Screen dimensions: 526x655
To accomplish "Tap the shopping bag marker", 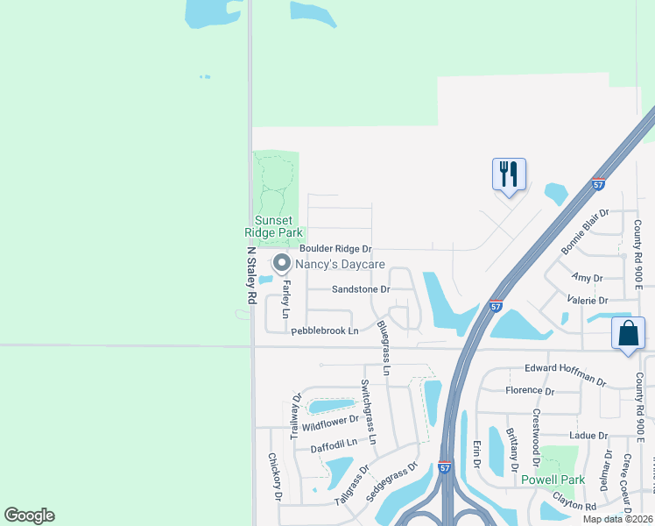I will pyautogui.click(x=629, y=334).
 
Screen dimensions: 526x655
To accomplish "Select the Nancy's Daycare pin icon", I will pyautogui.click(x=281, y=263).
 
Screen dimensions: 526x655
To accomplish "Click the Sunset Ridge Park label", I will pyautogui.click(x=273, y=226).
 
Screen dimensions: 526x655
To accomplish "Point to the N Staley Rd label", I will pyautogui.click(x=250, y=274).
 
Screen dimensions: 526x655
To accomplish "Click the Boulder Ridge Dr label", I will pyautogui.click(x=335, y=250).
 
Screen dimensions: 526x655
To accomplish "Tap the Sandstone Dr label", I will pyautogui.click(x=360, y=288).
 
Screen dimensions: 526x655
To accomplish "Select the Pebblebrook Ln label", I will pyautogui.click(x=325, y=331).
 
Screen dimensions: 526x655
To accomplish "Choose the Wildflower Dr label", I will pyautogui.click(x=331, y=422).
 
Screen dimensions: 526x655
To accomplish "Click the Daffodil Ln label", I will pyautogui.click(x=335, y=444).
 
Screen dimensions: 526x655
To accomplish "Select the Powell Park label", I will pyautogui.click(x=553, y=480).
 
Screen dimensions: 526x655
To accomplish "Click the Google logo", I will pyautogui.click(x=29, y=515).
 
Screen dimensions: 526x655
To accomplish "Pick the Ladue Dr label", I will pyautogui.click(x=588, y=435).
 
